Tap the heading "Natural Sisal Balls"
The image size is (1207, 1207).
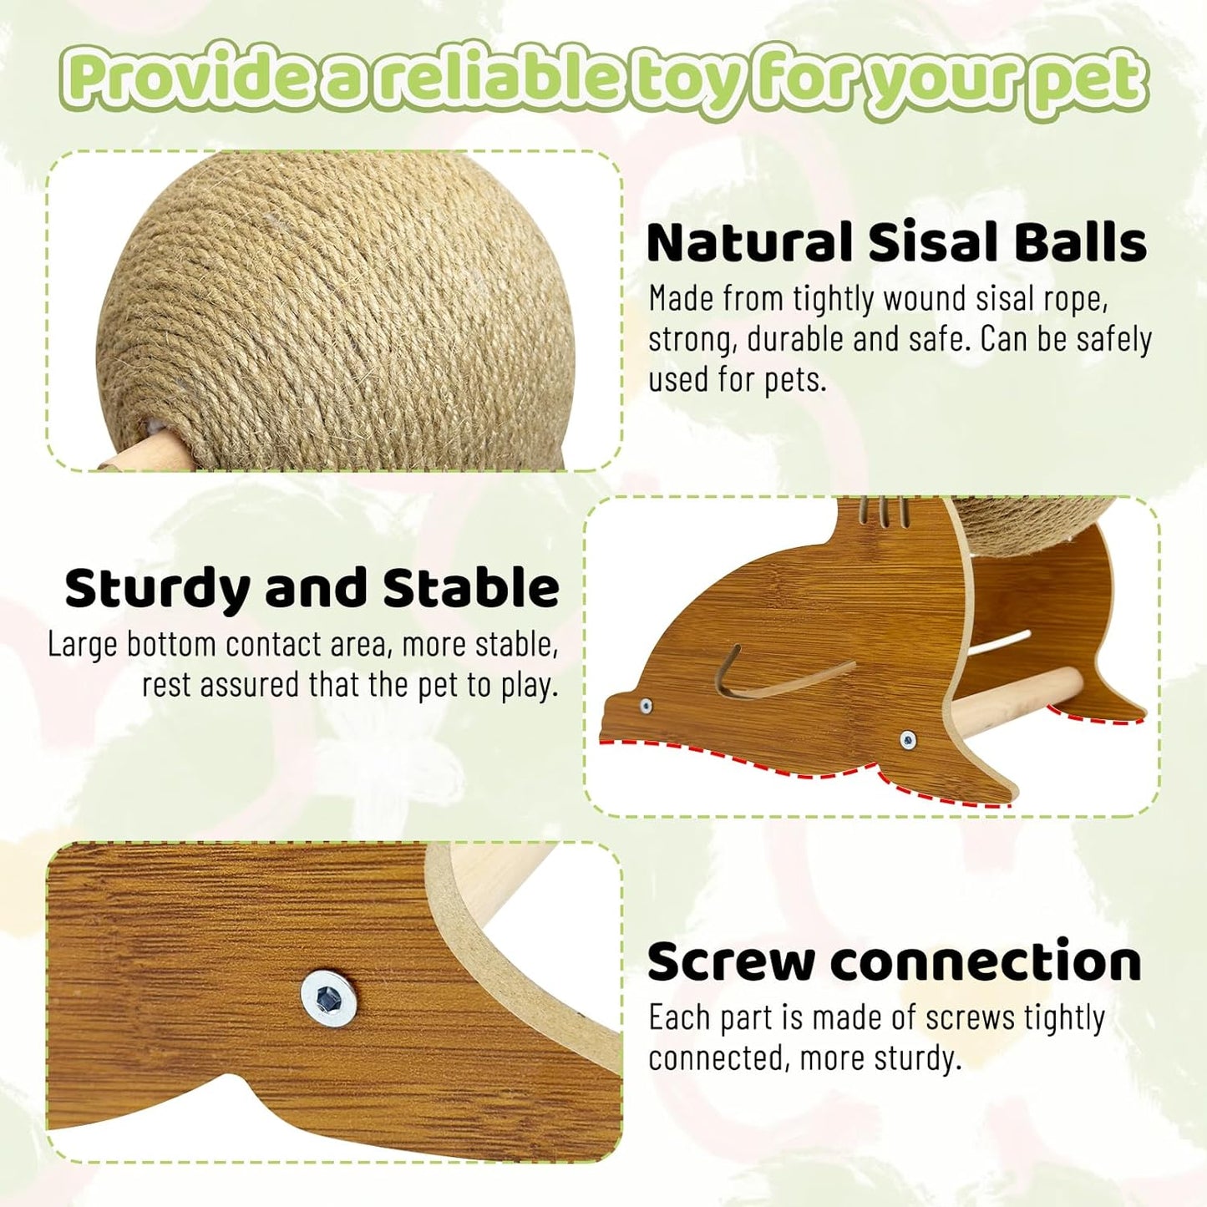tap(896, 242)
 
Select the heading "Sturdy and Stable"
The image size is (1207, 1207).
tap(312, 588)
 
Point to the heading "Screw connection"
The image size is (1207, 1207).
tap(894, 961)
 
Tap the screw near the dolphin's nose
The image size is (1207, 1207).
tap(646, 707)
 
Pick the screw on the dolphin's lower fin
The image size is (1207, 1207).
tap(908, 738)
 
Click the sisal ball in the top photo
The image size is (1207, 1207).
tap(334, 309)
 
